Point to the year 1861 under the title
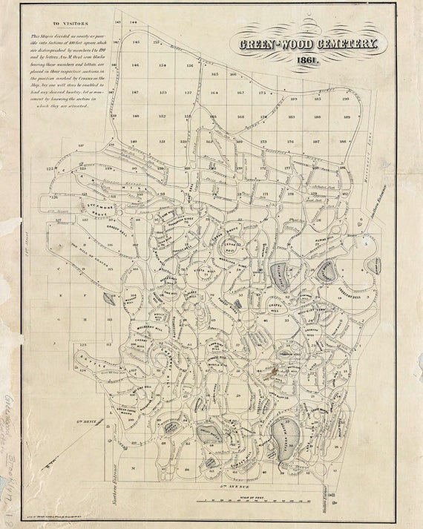(x=306, y=60)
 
